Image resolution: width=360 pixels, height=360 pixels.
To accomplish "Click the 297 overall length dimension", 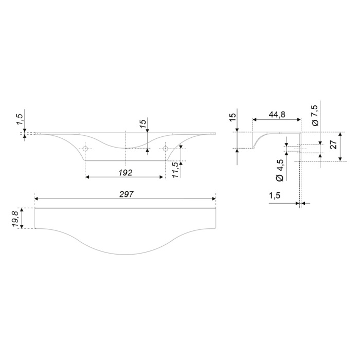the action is [x=127, y=194].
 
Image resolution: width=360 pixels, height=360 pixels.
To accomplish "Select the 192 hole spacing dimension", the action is [x=125, y=173].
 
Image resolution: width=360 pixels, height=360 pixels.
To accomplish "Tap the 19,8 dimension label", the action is [x=16, y=219].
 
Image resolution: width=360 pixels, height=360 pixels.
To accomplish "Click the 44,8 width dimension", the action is [x=277, y=114].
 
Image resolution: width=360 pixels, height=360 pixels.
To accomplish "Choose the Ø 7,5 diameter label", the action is [x=315, y=115].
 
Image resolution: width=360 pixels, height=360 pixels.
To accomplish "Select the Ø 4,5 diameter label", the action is [x=280, y=170].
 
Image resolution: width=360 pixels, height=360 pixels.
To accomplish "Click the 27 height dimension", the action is [x=334, y=145].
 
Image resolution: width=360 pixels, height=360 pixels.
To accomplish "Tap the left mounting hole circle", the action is [x=85, y=149].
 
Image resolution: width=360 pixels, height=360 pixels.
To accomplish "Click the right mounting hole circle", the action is [x=165, y=149].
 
